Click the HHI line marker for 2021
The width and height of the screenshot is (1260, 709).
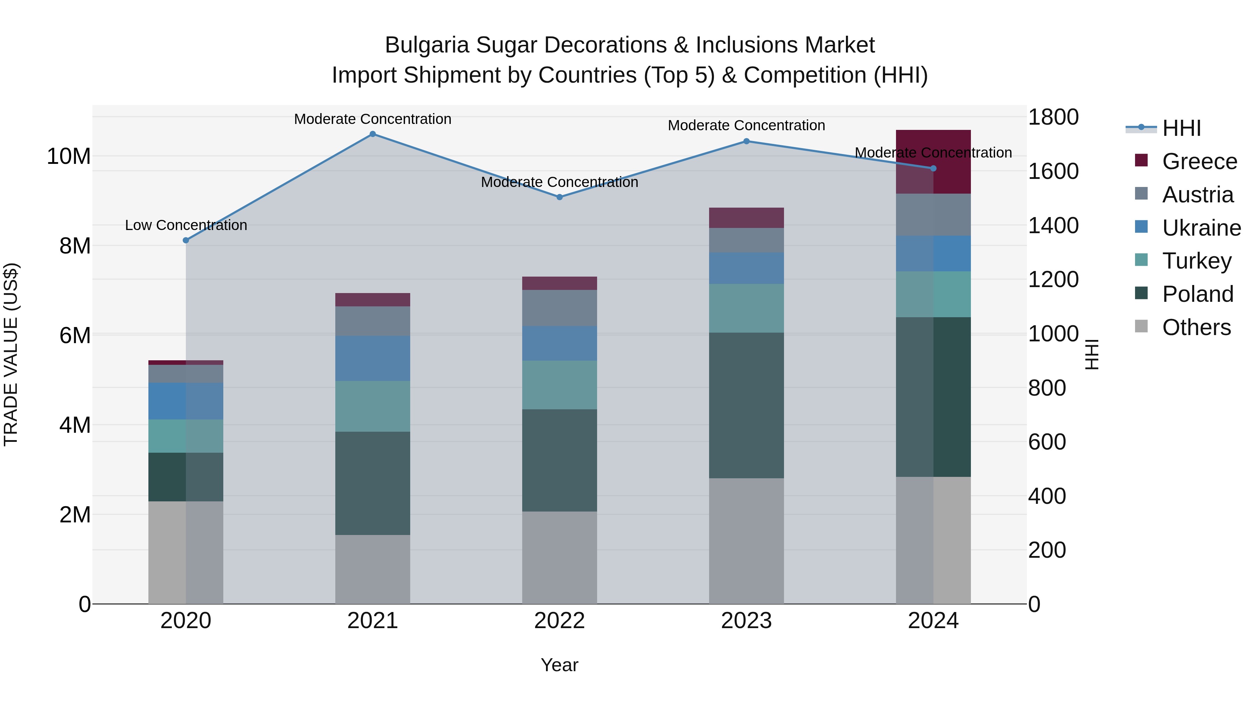pos(373,134)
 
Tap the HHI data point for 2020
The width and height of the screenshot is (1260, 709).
pos(186,240)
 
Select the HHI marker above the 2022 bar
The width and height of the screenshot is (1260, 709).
pos(560,197)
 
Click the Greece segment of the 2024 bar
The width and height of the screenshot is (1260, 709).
pos(951,161)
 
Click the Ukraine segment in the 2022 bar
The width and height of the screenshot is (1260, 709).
pos(560,343)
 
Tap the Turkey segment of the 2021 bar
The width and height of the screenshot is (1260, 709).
pos(373,406)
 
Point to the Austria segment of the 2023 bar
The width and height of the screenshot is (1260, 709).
pos(747,240)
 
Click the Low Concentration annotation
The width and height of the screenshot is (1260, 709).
pos(186,225)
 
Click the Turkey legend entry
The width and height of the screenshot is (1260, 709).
pos(1196,261)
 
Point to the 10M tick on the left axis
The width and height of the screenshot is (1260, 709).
pos(69,157)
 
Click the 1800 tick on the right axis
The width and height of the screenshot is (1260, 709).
pos(1053,117)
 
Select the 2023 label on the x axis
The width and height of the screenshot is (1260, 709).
pos(747,621)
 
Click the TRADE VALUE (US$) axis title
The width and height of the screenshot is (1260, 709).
pos(11,354)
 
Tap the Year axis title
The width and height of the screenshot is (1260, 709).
pos(560,665)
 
